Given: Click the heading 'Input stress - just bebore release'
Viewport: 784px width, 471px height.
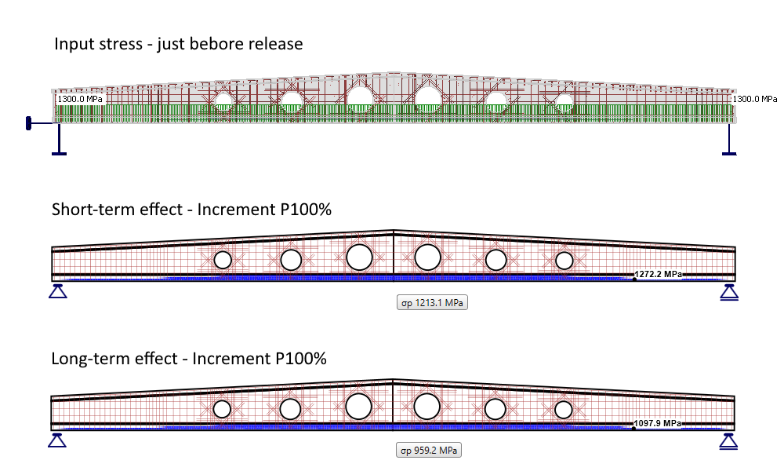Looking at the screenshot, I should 178,44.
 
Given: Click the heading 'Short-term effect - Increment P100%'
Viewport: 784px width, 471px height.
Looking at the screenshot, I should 189,210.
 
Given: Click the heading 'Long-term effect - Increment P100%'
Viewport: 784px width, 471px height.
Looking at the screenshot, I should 189,359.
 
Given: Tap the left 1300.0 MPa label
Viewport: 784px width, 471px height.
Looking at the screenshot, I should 80,100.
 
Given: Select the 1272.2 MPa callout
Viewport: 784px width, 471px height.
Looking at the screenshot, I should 659,274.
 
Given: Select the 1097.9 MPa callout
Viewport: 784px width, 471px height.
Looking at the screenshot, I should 659,423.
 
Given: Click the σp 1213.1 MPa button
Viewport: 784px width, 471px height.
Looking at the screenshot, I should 432,303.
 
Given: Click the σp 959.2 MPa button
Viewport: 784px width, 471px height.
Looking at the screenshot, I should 427,451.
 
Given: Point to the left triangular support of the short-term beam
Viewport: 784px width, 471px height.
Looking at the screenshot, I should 56,292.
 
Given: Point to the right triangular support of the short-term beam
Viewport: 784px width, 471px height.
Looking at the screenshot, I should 729,292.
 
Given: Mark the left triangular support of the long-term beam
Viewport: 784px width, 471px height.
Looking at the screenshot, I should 56,440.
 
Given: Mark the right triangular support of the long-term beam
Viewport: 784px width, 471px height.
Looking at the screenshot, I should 729,440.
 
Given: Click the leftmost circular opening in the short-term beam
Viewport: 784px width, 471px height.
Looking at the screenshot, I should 223,260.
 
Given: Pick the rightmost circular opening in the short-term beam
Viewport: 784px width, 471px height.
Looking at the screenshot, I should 564,260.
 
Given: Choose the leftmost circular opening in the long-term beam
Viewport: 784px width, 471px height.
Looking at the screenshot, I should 223,408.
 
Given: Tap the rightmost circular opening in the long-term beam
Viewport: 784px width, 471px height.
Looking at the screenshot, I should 564,408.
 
